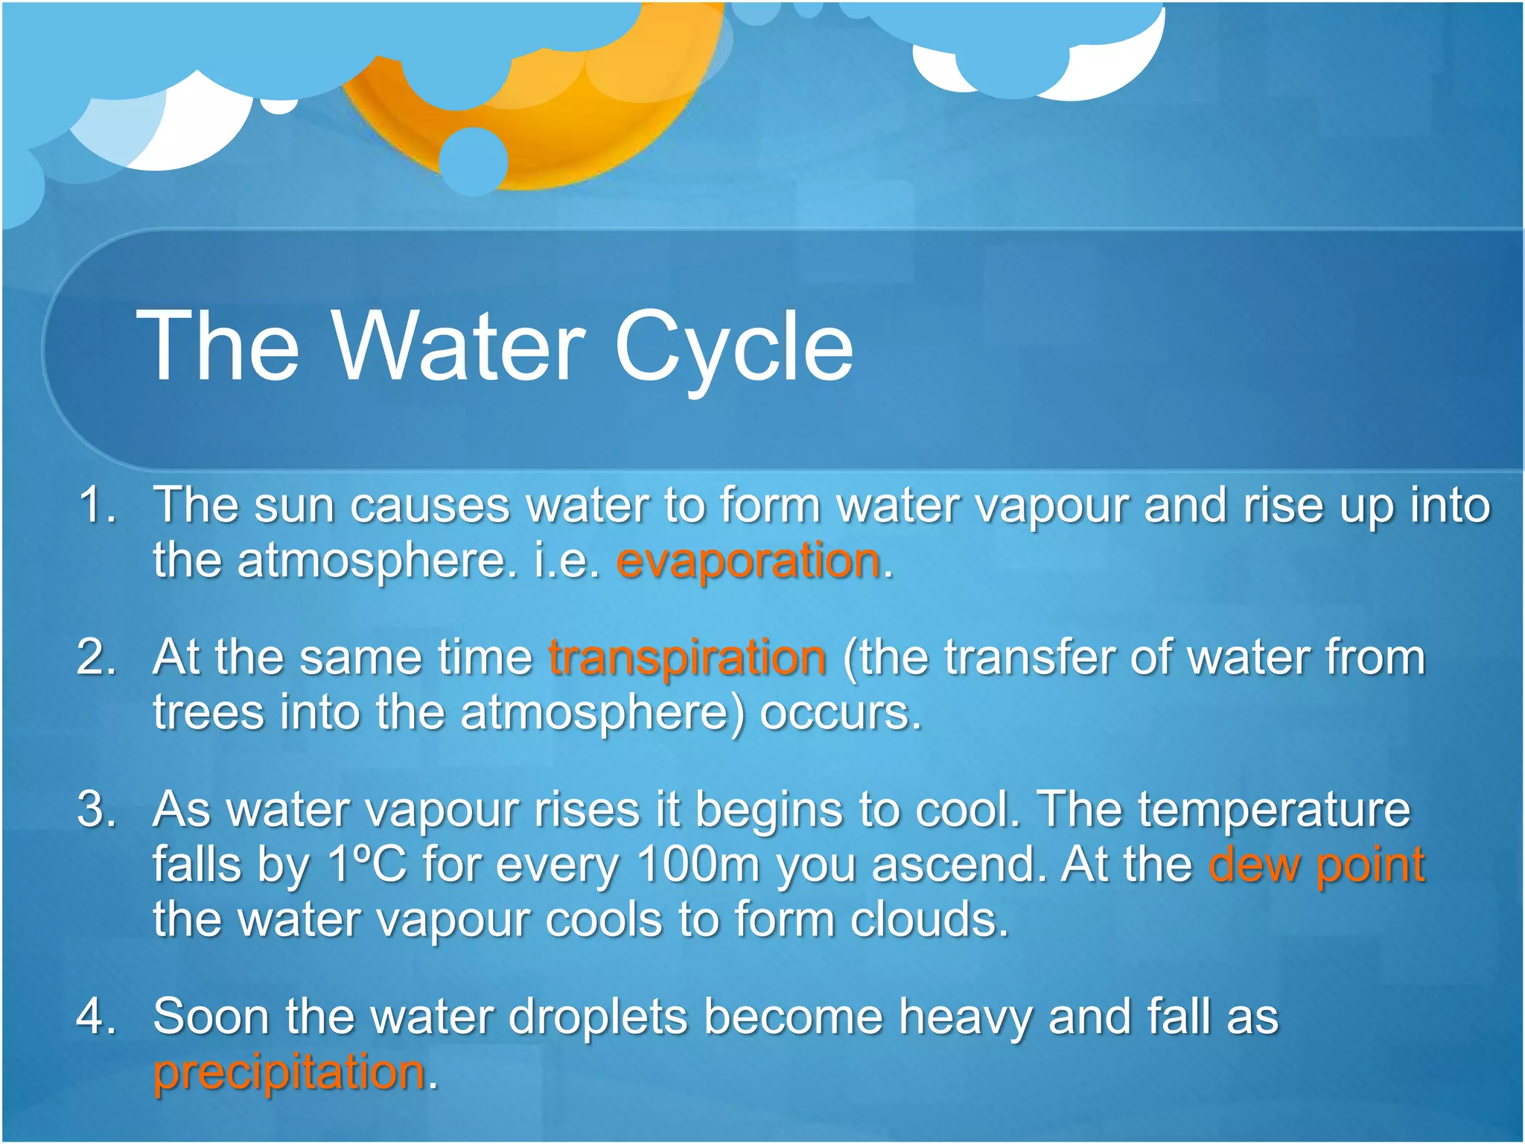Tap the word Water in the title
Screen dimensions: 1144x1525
458,346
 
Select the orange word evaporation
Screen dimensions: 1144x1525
748,561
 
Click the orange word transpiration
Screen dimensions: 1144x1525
687,658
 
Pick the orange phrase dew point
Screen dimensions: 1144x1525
1317,865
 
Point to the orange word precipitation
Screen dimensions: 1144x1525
289,1073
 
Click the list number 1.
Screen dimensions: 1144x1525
97,505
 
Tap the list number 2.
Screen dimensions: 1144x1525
97,658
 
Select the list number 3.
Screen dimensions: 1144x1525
97,810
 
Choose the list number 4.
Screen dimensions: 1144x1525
97,1016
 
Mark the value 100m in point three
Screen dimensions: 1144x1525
698,865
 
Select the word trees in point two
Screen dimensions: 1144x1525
208,714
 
